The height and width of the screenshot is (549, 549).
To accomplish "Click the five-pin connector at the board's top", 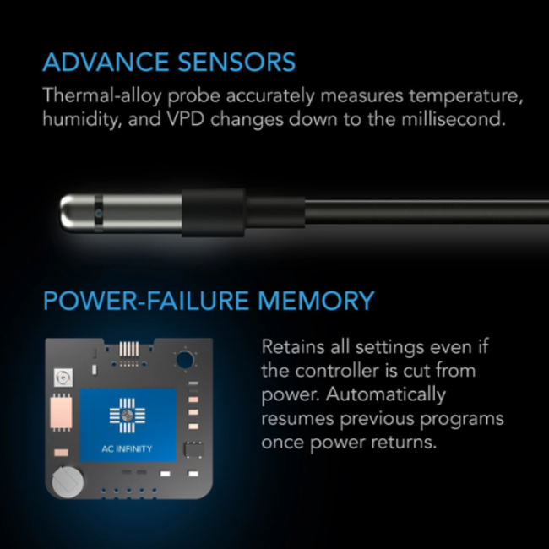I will coord(129,349).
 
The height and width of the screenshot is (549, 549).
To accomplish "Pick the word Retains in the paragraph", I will coord(291,347).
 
